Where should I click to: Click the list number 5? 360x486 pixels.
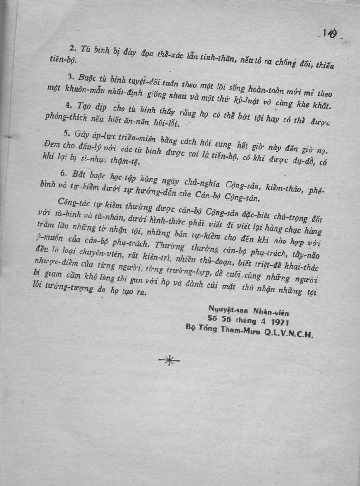65,133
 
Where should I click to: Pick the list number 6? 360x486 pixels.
64,173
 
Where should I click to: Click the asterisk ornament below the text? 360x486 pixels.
169,361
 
